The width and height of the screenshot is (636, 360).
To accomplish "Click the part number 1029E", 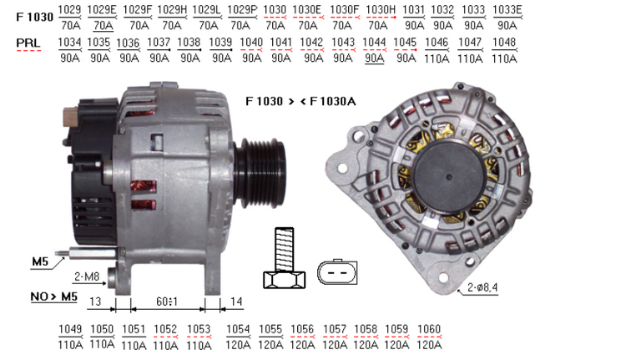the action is [102, 10].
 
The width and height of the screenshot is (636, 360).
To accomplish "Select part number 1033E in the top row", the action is [507, 10].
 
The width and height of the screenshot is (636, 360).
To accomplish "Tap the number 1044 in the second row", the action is [374, 43].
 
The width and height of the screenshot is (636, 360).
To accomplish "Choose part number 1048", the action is [504, 43].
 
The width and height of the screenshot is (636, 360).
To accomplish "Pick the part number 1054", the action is [238, 329].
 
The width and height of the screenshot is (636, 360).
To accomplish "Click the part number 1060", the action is [429, 329].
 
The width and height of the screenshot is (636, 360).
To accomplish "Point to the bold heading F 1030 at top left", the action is [35, 17].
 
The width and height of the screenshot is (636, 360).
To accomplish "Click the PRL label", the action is [28, 43].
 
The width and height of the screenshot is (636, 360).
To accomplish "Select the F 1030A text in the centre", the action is [332, 101].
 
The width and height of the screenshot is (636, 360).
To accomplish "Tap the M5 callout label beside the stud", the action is [40, 261].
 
